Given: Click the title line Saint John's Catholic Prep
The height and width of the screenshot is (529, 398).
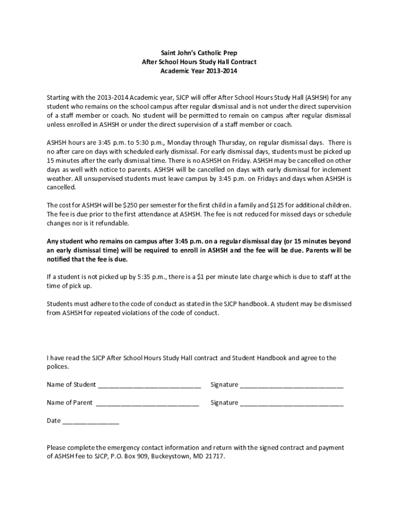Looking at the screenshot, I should [198, 53].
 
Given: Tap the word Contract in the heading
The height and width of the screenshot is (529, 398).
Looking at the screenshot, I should [243, 62].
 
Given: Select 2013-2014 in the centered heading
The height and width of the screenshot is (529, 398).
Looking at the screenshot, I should [219, 71].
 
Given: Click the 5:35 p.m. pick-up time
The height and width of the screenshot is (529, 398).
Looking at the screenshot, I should [151, 277].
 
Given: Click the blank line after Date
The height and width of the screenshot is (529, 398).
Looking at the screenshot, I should [90, 422].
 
